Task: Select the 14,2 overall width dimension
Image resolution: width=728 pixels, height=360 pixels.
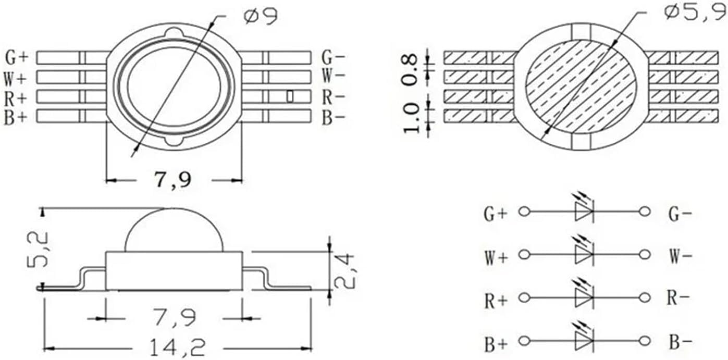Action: [177, 347]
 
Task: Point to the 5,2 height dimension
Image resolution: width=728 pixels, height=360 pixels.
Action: [37, 249]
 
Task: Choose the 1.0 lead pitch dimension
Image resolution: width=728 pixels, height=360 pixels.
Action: [411, 117]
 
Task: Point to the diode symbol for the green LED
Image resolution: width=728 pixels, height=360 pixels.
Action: [584, 211]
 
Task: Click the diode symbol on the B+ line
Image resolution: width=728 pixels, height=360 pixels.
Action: [584, 341]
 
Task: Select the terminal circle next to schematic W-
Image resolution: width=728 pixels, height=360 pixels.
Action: [645, 254]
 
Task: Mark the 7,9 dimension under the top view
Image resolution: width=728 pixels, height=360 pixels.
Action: [172, 180]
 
